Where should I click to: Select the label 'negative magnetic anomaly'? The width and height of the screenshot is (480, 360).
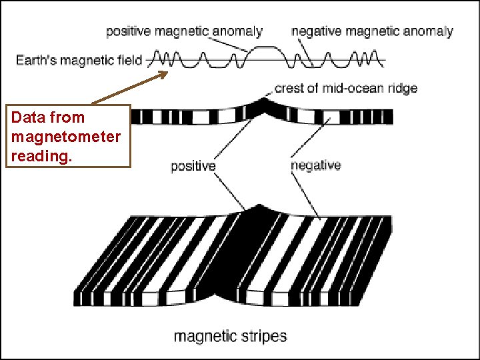pyautogui.click(x=372, y=31)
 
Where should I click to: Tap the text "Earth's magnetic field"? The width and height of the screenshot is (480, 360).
pyautogui.click(x=79, y=61)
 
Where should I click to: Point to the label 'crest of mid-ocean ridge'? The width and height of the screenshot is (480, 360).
pyautogui.click(x=345, y=88)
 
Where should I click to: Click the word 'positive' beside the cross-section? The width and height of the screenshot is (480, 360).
pyautogui.click(x=193, y=166)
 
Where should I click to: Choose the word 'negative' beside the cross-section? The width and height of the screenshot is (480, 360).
pyautogui.click(x=316, y=165)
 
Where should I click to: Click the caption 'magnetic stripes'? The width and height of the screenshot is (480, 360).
pyautogui.click(x=230, y=336)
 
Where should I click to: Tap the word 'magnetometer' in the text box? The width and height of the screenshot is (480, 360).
pyautogui.click(x=65, y=137)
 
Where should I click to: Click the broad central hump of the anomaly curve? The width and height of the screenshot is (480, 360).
pyautogui.click(x=264, y=51)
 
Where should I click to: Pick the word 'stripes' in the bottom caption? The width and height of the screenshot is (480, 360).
pyautogui.click(x=261, y=336)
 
